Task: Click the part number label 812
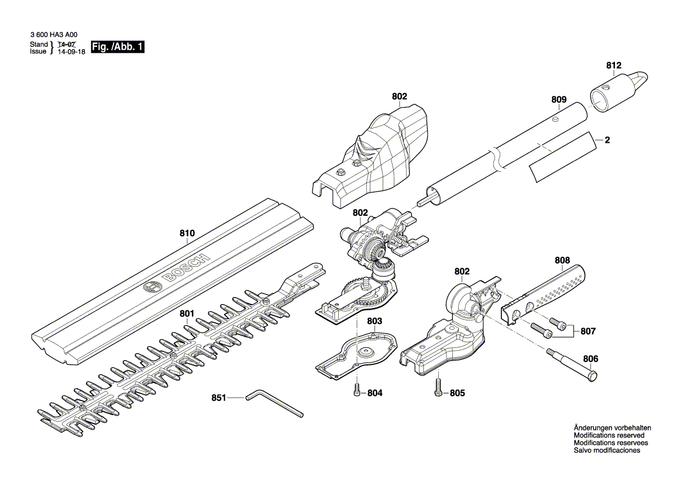613,65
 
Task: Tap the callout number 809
559,99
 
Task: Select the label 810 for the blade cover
187,233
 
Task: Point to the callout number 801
187,314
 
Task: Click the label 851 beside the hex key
219,398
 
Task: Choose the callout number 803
374,321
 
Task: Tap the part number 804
374,394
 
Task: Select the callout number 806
591,358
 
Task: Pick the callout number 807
588,332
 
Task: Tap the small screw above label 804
357,392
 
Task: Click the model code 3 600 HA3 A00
53,34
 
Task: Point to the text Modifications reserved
609,436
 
